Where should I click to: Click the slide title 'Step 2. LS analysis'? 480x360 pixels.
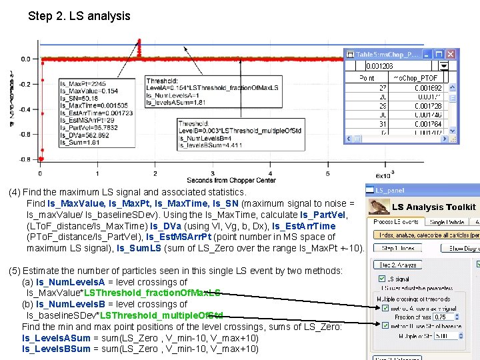point(79,15)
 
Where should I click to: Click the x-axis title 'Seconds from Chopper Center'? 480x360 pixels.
point(231,181)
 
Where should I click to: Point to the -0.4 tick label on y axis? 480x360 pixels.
point(24,109)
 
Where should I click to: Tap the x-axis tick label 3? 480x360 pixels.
point(213,173)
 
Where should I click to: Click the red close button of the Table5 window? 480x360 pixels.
point(452,54)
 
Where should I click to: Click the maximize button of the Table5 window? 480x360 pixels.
point(440,54)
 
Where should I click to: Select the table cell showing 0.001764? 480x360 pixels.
point(427,123)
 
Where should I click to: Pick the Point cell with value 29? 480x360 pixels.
point(383,106)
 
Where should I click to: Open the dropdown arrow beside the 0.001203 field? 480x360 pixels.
point(452,66)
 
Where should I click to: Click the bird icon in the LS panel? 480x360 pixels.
point(379,205)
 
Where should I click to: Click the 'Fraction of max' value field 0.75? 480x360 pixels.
point(443,317)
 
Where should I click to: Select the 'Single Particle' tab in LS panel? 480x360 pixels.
point(446,222)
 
